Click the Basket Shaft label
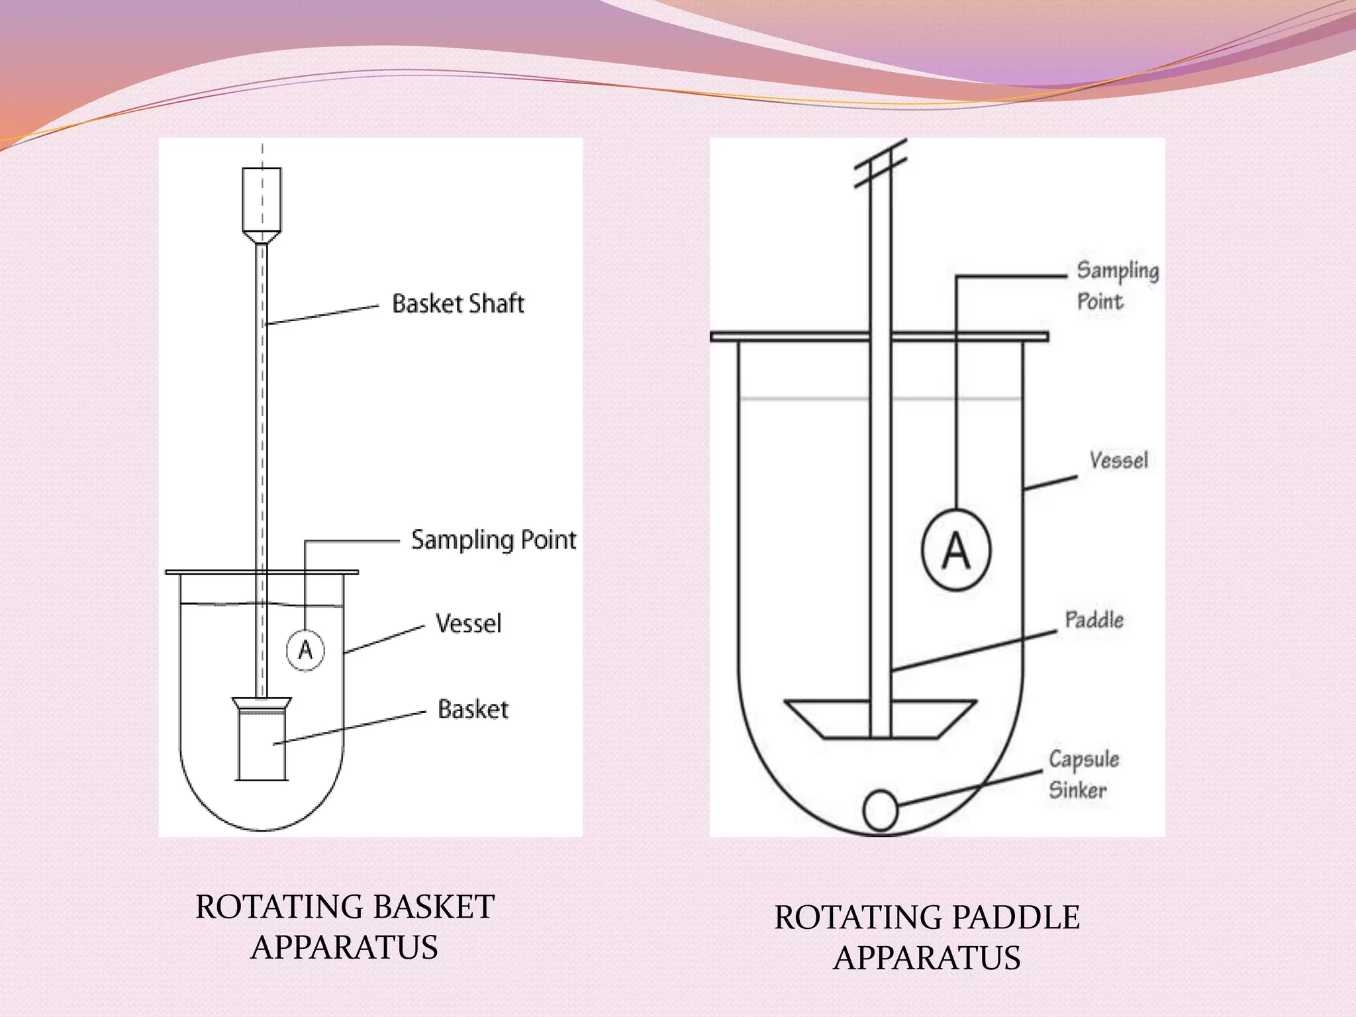point(458,304)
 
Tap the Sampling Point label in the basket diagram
point(493,540)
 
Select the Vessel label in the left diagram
point(468,624)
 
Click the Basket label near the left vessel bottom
point(473,710)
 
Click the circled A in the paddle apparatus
point(956,550)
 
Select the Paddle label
point(1094,620)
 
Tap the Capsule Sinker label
point(1083,774)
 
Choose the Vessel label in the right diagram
point(1118,460)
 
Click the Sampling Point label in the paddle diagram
point(1116,285)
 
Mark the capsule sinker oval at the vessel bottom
point(880,810)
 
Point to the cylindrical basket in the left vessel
point(262,745)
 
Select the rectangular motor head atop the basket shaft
point(262,199)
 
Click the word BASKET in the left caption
point(424,907)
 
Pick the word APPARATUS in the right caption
point(927,958)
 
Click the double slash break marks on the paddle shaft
point(880,164)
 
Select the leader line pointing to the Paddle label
point(973,652)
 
